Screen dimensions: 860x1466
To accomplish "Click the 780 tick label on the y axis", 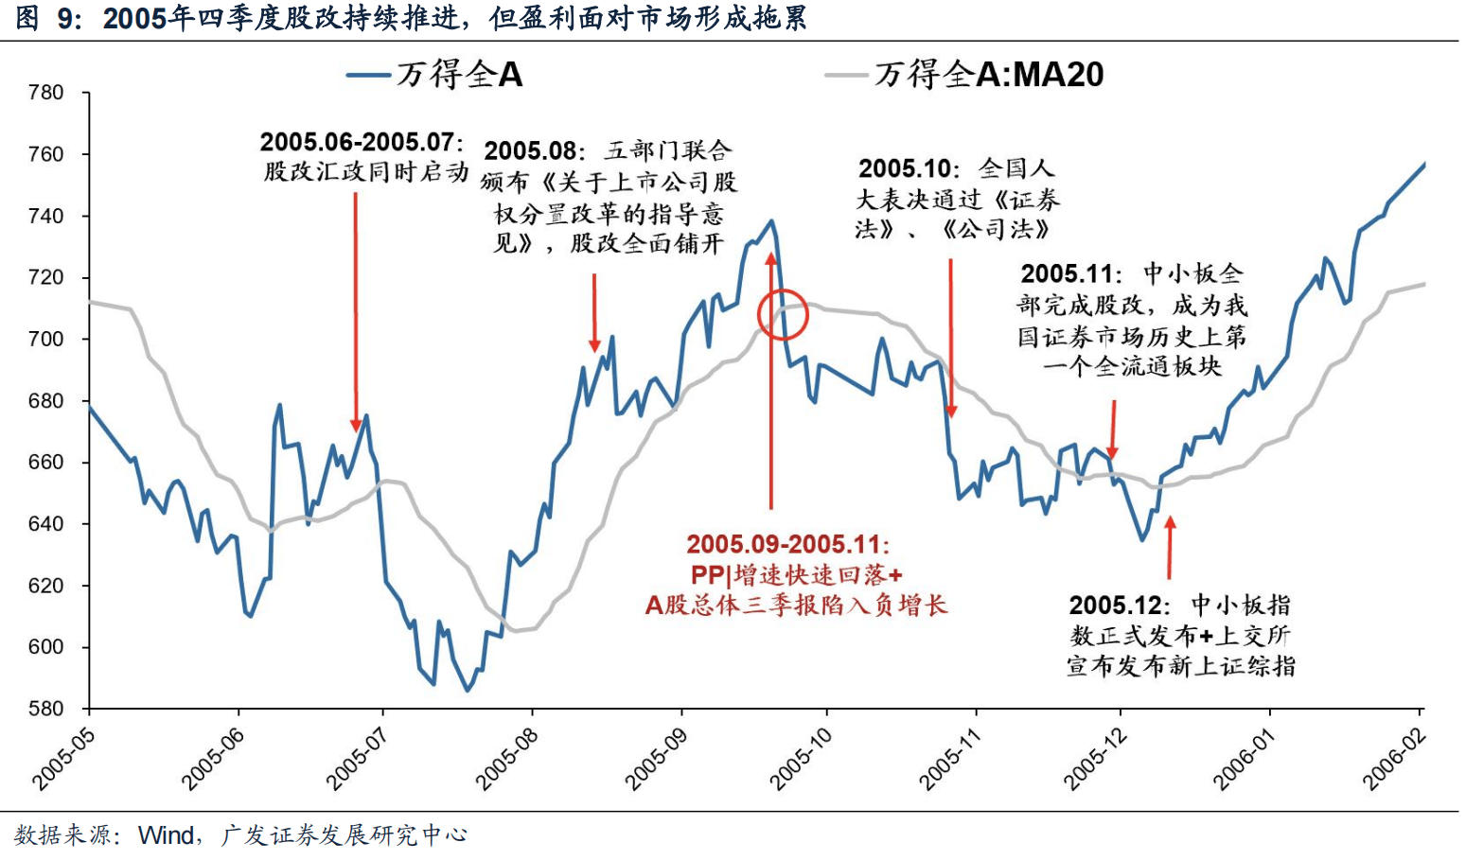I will (45, 93).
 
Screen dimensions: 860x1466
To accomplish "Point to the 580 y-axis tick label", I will (45, 709).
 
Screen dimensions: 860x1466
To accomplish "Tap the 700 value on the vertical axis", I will (45, 339).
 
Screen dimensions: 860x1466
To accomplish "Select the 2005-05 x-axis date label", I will (64, 760).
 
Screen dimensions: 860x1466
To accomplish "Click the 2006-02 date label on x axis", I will (1393, 760).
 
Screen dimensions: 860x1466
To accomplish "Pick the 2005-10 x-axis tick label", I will (801, 760).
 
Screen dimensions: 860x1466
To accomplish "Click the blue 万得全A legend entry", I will (435, 74).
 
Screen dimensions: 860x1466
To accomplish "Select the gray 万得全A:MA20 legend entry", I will (965, 74).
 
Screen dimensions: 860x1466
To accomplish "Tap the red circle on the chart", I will (783, 315).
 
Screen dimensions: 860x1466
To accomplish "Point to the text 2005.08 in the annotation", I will (530, 151).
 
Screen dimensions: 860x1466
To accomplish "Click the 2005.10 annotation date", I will (904, 168).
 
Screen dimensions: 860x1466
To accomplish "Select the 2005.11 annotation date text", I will (1067, 274).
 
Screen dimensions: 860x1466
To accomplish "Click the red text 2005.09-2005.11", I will (788, 544).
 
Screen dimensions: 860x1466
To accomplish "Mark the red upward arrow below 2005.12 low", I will (1170, 547).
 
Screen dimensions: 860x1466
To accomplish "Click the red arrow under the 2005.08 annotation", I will (594, 313).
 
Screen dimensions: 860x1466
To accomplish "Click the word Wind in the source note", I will (166, 835).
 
